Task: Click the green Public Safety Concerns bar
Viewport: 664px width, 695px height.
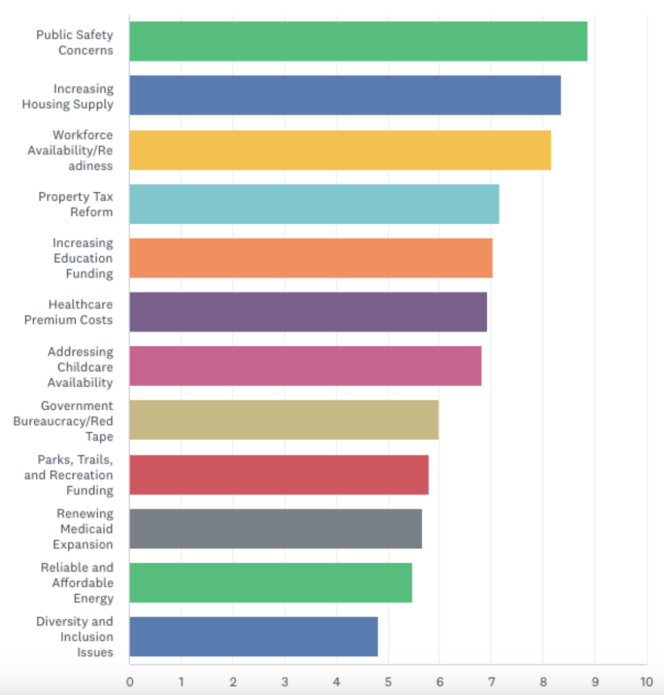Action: click(x=358, y=41)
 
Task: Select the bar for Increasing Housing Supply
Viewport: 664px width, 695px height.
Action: click(x=345, y=95)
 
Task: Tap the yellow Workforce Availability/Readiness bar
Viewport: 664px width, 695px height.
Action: click(x=340, y=150)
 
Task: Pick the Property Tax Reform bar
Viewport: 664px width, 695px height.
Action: click(x=314, y=204)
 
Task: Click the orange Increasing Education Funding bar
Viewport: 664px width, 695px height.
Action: click(x=311, y=258)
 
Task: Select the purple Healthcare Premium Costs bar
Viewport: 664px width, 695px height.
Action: click(x=308, y=312)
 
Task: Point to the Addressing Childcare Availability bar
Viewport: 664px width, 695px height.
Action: click(x=305, y=366)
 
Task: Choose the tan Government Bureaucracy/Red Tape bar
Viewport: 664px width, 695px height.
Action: click(x=284, y=420)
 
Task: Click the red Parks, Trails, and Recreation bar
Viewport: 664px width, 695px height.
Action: click(x=279, y=475)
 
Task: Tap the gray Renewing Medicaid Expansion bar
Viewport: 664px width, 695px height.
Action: click(x=275, y=529)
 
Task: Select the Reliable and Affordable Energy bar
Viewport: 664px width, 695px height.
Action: click(x=270, y=583)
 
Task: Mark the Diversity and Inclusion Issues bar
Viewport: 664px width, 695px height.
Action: click(x=253, y=637)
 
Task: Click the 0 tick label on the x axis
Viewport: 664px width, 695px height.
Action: click(x=130, y=682)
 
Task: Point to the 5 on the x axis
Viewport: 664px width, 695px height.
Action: click(x=388, y=682)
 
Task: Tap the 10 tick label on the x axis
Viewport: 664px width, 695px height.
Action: click(x=647, y=682)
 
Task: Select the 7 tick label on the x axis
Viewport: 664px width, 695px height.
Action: click(x=491, y=682)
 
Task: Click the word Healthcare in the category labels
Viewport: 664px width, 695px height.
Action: click(x=80, y=304)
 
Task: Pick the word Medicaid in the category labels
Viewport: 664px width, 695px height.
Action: click(x=86, y=529)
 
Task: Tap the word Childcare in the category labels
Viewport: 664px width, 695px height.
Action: click(x=85, y=367)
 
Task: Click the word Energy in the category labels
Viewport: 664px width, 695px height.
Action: click(x=93, y=599)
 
